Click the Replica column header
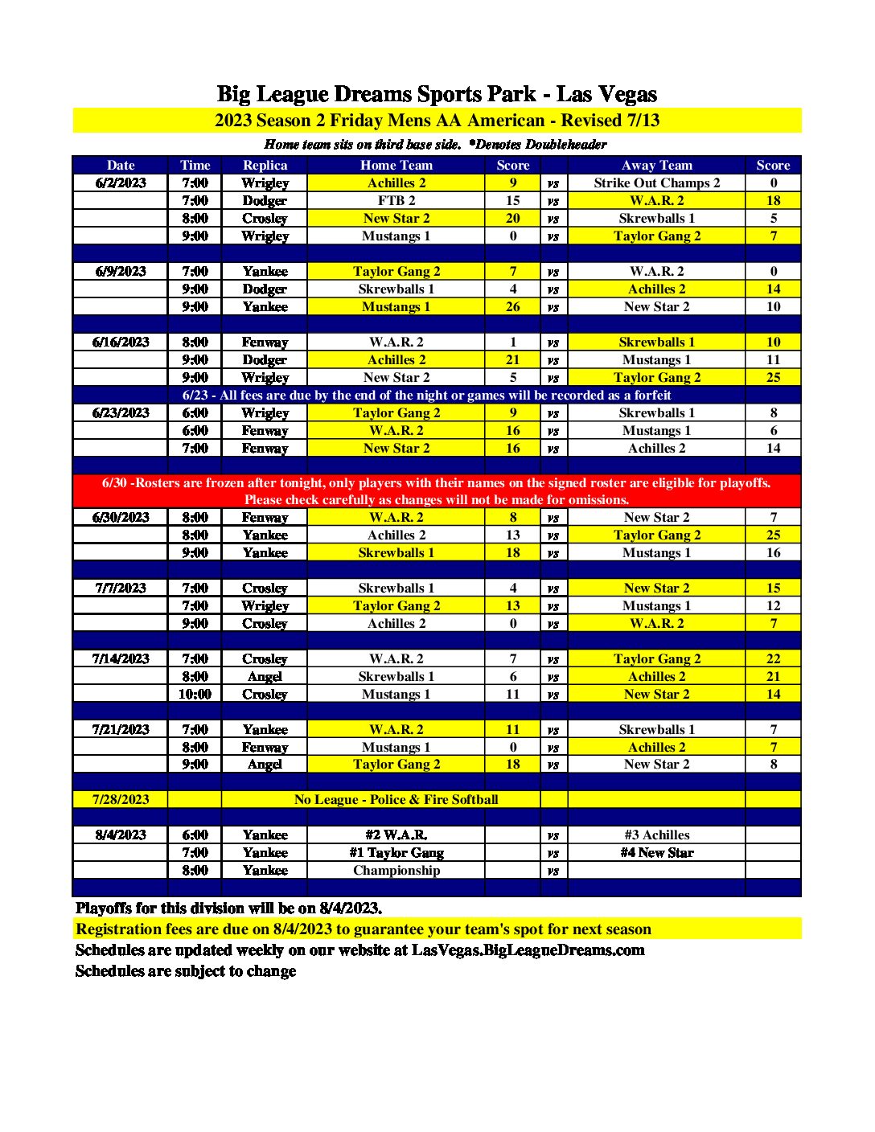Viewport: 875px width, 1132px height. (x=265, y=166)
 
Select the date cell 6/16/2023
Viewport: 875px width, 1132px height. (x=121, y=342)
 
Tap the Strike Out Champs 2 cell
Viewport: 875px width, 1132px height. (x=656, y=183)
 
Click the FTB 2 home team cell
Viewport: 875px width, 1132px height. (x=396, y=201)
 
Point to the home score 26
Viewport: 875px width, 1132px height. (x=512, y=307)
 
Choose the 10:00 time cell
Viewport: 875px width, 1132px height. (x=195, y=695)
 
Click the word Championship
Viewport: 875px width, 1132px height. (x=396, y=871)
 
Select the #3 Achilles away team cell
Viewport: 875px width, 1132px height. (x=656, y=835)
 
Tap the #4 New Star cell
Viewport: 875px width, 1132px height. (x=656, y=853)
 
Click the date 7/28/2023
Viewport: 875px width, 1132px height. (x=121, y=800)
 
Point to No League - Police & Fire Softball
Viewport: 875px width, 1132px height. (x=396, y=800)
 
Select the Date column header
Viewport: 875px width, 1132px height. (x=121, y=166)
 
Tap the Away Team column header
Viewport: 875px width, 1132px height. (x=656, y=166)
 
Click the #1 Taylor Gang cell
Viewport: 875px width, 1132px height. (x=396, y=853)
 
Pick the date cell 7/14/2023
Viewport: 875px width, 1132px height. (x=121, y=659)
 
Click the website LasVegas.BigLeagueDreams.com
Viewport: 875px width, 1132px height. (x=528, y=950)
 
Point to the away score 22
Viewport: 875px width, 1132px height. (x=773, y=659)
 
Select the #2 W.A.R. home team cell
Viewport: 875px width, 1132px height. (x=396, y=835)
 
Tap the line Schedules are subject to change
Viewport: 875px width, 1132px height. (x=186, y=971)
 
